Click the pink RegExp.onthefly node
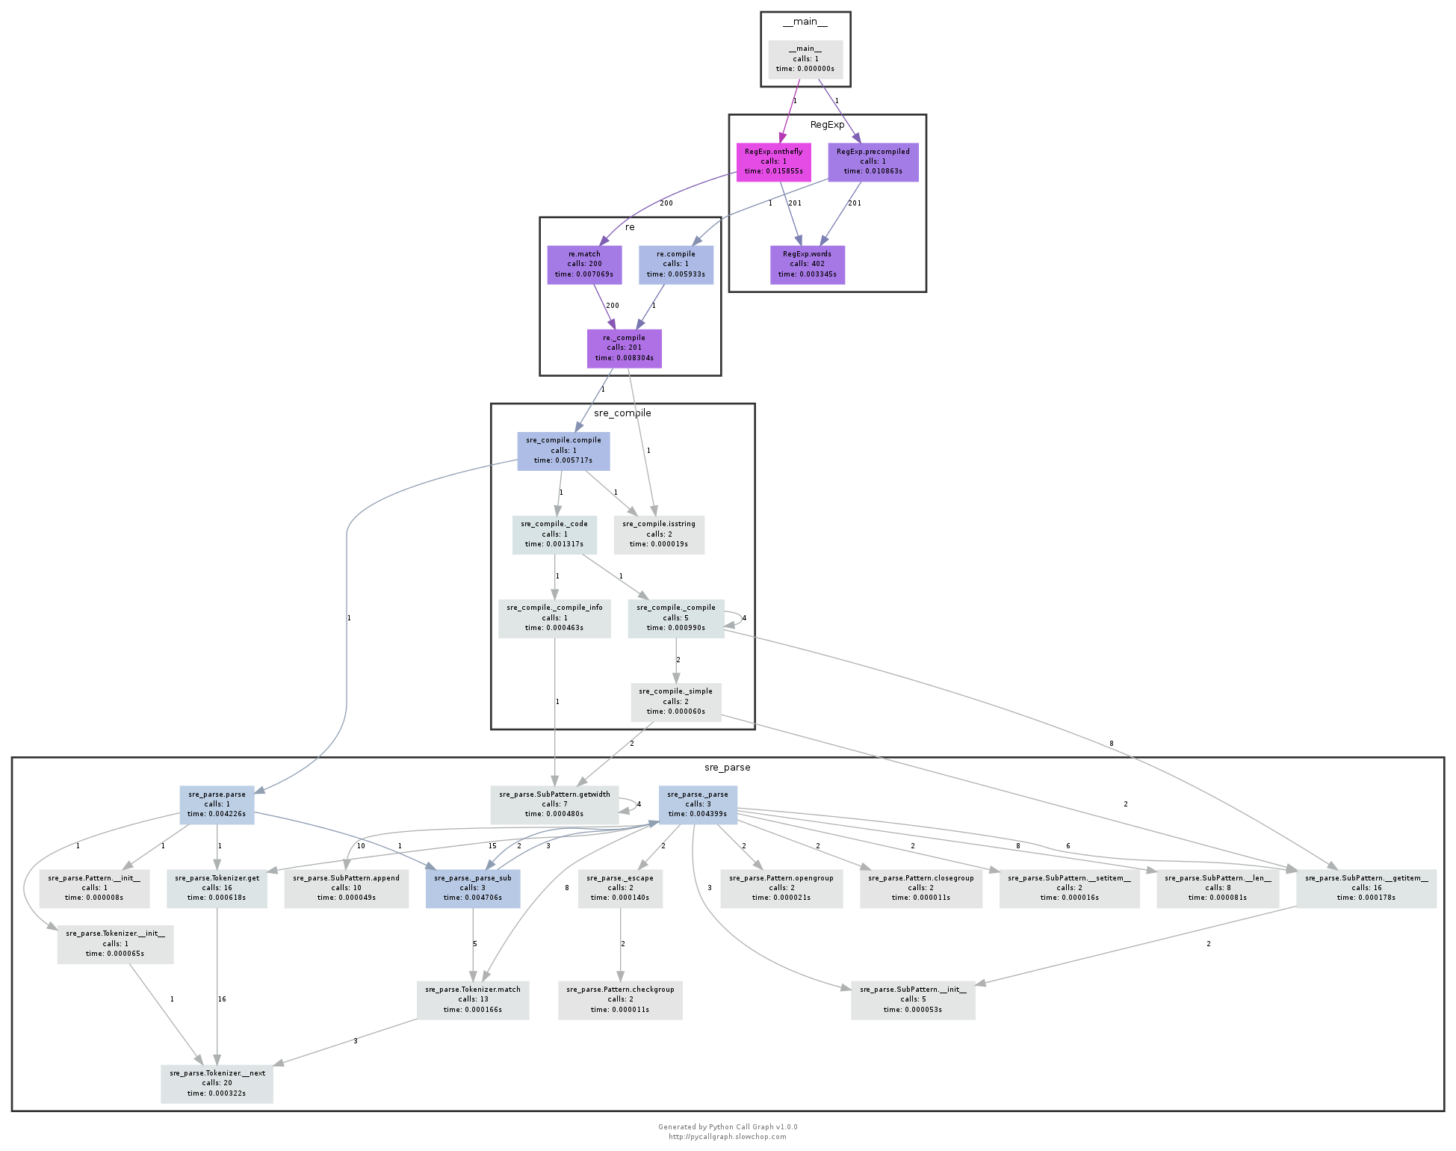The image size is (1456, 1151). [773, 161]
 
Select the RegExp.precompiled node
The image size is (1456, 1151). [873, 161]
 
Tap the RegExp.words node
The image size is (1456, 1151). [807, 265]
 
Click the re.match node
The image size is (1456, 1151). [583, 265]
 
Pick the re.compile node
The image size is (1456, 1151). [675, 265]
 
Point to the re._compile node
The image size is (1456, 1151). [624, 348]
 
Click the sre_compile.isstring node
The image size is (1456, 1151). [658, 534]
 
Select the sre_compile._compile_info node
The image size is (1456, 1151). [554, 618]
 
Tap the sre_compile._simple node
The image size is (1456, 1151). [675, 702]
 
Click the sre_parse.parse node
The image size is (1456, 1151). [217, 805]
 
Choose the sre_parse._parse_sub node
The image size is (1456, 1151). [472, 889]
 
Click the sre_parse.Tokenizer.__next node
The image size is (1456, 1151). [217, 1084]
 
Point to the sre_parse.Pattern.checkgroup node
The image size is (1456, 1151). [619, 1000]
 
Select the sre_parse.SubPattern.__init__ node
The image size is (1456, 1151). [912, 1000]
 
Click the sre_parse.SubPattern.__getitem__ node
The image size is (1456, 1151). [1366, 889]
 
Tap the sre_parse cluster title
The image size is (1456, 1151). [727, 768]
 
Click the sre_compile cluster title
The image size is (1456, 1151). [622, 413]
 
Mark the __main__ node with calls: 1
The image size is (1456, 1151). [805, 59]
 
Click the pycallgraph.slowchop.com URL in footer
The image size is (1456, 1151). [727, 1137]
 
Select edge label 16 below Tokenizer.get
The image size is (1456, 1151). [222, 999]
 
